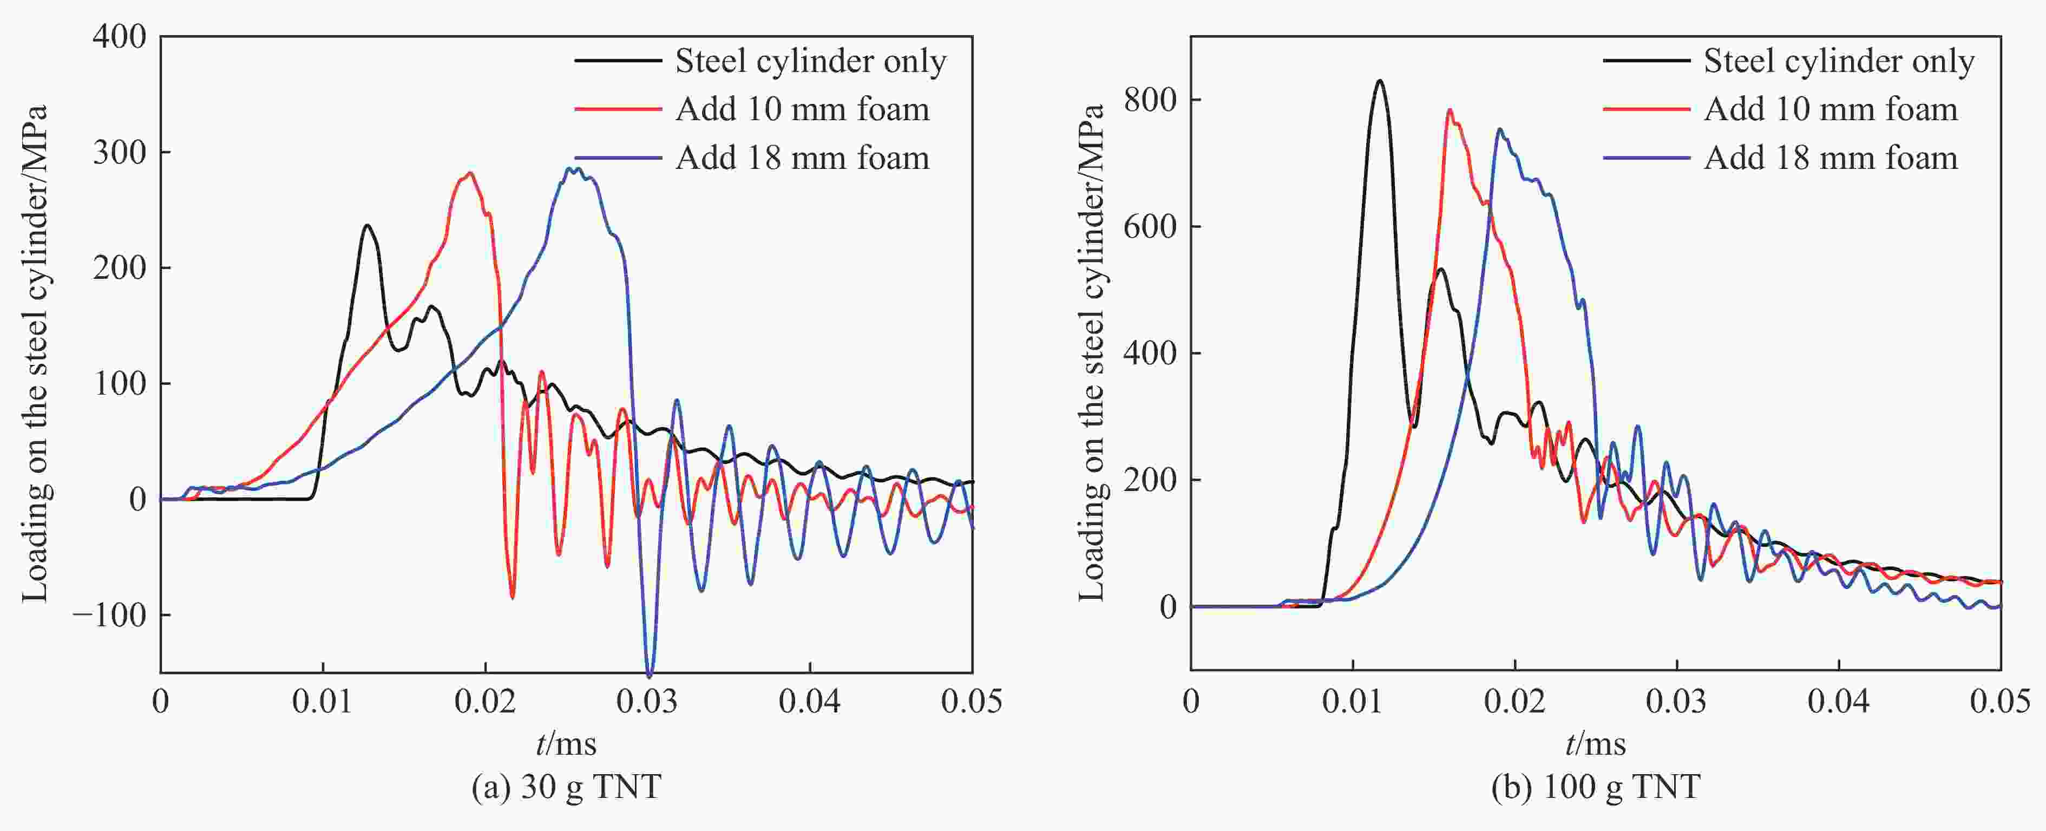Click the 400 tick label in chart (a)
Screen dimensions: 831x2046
tap(119, 37)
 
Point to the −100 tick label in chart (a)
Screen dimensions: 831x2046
tap(109, 615)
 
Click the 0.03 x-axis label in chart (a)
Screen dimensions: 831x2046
tap(647, 702)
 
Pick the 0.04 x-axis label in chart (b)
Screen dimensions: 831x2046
tap(1839, 702)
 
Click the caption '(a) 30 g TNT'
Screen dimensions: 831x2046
tap(566, 787)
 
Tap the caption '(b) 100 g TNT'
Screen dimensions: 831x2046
tap(1596, 787)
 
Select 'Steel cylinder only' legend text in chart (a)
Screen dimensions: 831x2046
tap(810, 61)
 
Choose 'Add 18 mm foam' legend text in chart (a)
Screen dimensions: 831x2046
tap(802, 158)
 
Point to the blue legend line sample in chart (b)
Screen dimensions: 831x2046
tap(1645, 158)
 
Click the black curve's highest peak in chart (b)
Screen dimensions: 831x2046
tap(1380, 81)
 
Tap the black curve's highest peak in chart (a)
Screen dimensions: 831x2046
tap(367, 226)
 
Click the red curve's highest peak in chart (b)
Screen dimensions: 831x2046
tap(1450, 110)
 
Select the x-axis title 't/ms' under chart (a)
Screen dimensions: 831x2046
tap(566, 744)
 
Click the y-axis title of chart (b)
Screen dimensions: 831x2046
tap(1093, 354)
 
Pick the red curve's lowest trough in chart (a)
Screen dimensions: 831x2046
tap(512, 598)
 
